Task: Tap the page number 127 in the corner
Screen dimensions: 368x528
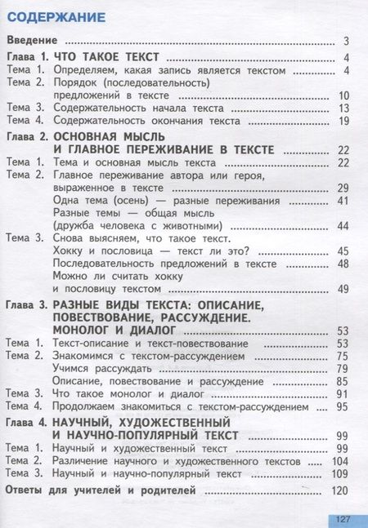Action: (x=343, y=518)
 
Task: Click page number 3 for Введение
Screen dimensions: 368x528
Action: (x=347, y=41)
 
